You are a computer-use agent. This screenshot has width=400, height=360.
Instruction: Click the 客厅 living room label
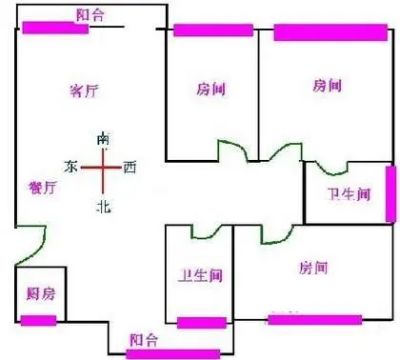pos(85,90)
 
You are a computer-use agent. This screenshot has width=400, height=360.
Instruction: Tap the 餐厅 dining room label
pos(43,188)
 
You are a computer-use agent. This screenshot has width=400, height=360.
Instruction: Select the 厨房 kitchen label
pos(41,294)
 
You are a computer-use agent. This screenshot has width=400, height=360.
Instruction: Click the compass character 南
pos(103,139)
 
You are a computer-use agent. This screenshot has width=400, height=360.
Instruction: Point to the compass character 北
pos(103,207)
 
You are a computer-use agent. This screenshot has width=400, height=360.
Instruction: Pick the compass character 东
pos(71,166)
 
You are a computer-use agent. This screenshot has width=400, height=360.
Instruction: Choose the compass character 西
pos(130,167)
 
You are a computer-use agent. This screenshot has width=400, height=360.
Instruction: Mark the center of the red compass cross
pos(103,167)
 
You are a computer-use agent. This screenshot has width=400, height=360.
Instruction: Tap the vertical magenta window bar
pos(391,194)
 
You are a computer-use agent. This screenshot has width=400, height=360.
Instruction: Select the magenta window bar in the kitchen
pos(38,320)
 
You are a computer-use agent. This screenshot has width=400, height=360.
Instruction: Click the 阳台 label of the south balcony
pos(91,15)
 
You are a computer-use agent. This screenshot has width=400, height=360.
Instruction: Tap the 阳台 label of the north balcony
pos(144,340)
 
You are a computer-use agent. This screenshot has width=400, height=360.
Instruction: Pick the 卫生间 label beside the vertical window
pos(349,194)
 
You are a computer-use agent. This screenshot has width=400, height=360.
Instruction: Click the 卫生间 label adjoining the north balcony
pos(200,276)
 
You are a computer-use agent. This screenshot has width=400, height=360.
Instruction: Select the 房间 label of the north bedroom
pos(313,268)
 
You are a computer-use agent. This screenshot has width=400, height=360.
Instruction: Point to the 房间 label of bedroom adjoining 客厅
pos(211,89)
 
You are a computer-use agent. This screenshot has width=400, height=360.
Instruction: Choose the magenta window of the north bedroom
pos(315,320)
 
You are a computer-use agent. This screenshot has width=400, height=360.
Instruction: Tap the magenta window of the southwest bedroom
pos(331,32)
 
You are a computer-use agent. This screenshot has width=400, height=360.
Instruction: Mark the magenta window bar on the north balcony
pos(173,354)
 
